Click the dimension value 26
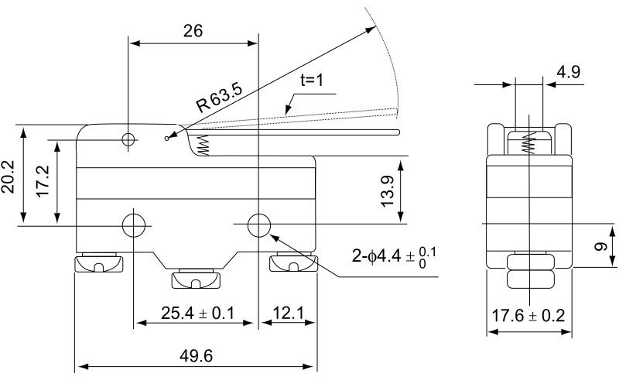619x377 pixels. coord(193,31)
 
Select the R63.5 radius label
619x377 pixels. coord(220,98)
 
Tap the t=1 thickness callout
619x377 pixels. coord(312,81)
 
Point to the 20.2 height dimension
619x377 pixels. coord(9,177)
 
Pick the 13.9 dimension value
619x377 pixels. coord(388,191)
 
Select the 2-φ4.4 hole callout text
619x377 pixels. coord(394,257)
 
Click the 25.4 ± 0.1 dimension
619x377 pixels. coord(197,313)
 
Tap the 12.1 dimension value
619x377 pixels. coord(289,313)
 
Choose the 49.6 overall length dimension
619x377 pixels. coord(197,356)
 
